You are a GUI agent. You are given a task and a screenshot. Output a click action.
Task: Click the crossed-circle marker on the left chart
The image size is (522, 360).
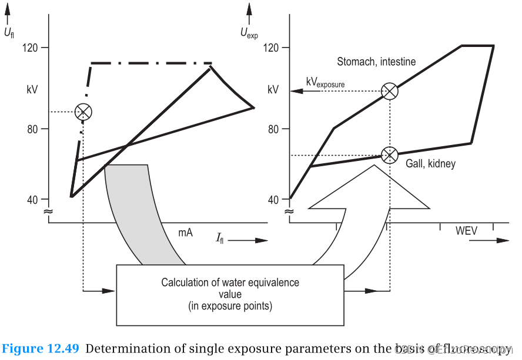point(84,112)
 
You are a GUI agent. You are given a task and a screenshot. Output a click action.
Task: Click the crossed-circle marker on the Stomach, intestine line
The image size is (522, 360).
point(389,91)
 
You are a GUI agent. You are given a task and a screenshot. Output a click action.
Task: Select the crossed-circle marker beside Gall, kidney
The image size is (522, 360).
point(389,155)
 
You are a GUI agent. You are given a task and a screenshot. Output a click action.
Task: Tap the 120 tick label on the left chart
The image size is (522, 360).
point(31,48)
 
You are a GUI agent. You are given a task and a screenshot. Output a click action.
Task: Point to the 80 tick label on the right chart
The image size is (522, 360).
point(273,129)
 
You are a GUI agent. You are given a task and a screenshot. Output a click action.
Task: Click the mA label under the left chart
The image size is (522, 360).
point(186,233)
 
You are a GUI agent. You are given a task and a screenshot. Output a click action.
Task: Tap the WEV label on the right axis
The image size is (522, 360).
point(466,231)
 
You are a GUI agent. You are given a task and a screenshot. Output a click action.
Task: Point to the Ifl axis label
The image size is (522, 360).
point(219,239)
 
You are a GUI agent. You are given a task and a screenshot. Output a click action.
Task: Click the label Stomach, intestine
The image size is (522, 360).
point(376,62)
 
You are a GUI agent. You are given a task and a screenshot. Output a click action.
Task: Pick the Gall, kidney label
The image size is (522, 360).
point(430,164)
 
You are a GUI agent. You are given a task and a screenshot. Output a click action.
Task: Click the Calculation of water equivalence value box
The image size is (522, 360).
point(230,294)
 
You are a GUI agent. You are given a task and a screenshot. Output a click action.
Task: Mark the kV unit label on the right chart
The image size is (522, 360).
point(273,90)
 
